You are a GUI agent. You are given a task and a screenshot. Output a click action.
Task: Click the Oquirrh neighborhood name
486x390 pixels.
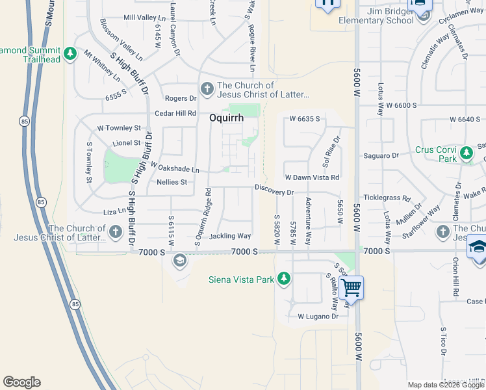tap(226, 118)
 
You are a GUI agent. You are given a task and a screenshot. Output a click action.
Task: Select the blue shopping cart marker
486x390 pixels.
tap(351, 287)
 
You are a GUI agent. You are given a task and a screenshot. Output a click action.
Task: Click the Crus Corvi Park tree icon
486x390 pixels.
tap(466, 153)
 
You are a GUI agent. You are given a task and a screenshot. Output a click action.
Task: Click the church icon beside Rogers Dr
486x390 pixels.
tap(207, 88)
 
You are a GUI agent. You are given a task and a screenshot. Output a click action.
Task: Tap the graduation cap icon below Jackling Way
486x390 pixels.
tap(179, 261)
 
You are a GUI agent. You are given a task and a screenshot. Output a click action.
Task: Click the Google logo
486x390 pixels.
tap(21, 382)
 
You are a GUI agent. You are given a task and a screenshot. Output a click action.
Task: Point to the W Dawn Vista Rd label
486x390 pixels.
tap(313, 177)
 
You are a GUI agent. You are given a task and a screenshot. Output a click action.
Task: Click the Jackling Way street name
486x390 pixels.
tap(230, 236)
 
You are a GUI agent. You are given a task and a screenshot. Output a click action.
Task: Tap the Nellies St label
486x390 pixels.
tap(172, 183)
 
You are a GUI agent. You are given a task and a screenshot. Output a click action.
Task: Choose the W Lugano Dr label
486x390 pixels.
tap(318, 317)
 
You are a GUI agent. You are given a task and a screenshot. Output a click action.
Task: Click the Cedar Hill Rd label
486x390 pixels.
tap(175, 113)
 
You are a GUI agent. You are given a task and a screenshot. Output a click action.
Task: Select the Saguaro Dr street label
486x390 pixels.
tap(381, 156)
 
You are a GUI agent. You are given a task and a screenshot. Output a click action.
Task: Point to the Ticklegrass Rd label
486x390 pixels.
tap(388, 198)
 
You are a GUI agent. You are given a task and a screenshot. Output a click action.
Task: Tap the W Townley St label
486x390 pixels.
tap(119, 128)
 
